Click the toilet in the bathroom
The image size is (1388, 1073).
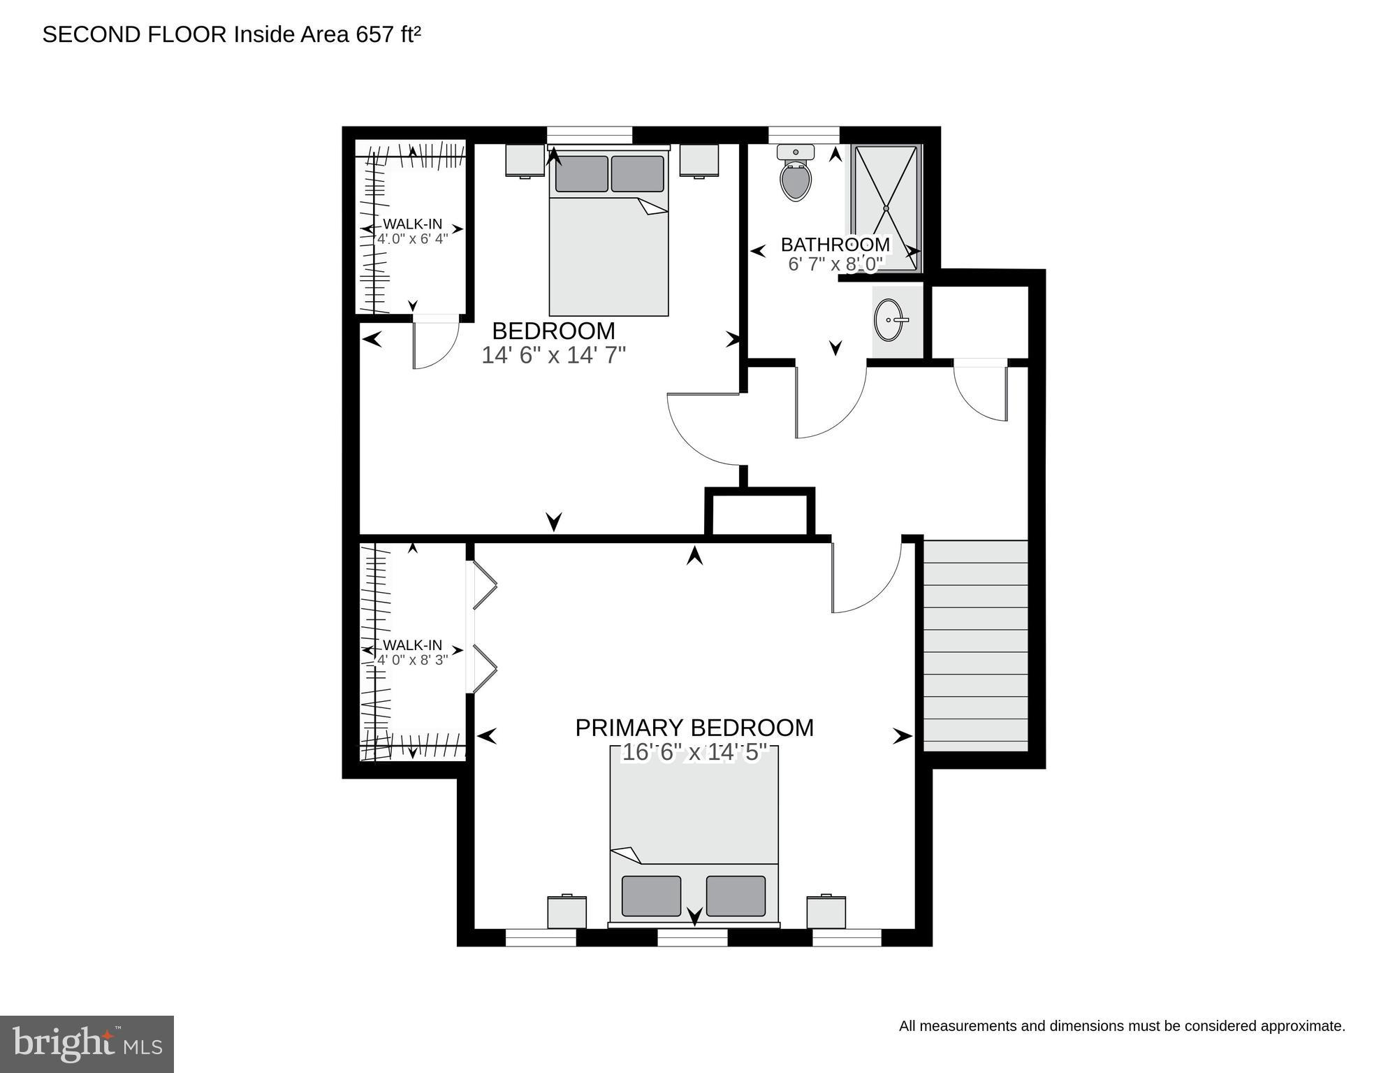[796, 175]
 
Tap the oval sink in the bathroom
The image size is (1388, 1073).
[889, 319]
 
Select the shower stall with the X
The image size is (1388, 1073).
[886, 208]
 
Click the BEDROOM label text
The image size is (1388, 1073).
[553, 331]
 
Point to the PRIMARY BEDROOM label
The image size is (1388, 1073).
[694, 728]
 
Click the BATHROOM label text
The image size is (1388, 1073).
[835, 245]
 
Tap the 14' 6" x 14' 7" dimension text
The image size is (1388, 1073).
[553, 355]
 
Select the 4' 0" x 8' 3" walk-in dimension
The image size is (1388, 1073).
[412, 660]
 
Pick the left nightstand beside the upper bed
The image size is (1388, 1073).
[525, 160]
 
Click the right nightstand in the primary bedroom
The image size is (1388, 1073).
[826, 912]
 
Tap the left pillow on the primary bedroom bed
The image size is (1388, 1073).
[651, 895]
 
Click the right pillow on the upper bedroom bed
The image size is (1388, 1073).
[637, 173]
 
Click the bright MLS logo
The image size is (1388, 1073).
[87, 1044]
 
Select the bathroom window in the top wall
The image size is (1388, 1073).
[803, 134]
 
